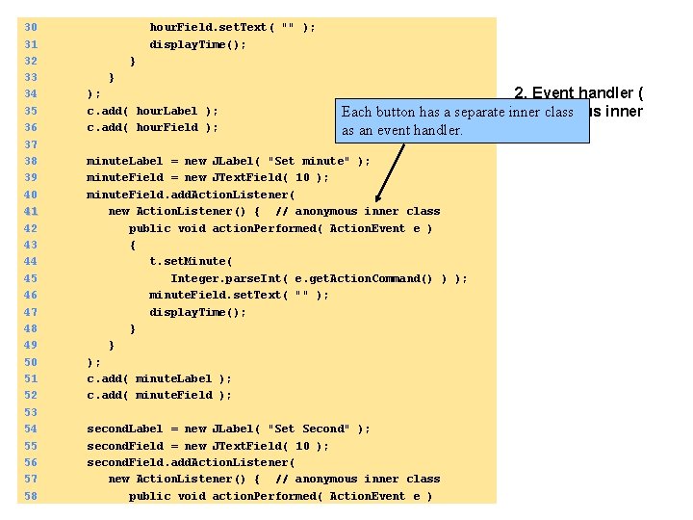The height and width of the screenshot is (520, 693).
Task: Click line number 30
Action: pos(30,27)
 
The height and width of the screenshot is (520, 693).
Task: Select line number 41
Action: pos(30,211)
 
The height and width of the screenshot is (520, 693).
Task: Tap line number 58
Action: pos(30,496)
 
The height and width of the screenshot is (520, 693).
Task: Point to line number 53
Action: pos(30,412)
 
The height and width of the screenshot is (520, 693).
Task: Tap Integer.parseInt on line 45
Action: pos(225,278)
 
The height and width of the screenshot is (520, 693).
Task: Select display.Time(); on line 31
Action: pos(197,44)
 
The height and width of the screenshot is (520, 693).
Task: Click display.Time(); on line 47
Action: pos(197,312)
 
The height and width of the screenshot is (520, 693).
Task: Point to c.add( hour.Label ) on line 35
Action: pos(152,111)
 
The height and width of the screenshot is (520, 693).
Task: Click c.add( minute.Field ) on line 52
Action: pos(159,395)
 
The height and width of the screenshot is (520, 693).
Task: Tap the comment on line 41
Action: pos(357,211)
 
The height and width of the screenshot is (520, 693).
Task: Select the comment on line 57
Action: pos(357,479)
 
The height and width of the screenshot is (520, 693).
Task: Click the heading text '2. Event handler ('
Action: pos(578,93)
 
